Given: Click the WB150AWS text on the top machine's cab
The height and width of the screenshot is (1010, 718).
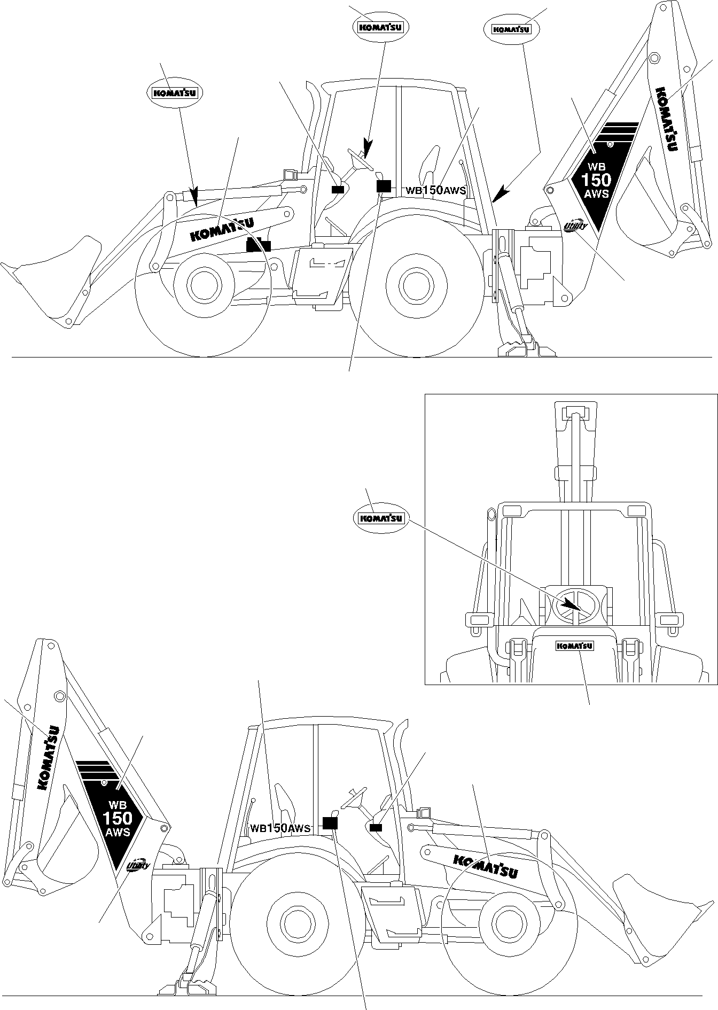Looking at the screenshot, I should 435,190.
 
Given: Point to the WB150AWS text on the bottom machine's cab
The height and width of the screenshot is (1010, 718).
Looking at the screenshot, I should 280,828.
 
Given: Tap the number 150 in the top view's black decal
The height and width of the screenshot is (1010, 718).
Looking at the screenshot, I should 596,180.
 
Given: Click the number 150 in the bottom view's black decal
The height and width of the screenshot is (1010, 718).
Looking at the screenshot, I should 117,818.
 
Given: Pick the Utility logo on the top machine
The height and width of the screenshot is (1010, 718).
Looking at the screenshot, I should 575,227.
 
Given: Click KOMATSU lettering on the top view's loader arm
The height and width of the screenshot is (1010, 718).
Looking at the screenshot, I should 222,229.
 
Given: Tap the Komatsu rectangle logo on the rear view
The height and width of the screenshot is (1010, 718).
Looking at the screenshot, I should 575,646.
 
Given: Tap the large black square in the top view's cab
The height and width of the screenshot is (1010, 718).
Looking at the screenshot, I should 384,185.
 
